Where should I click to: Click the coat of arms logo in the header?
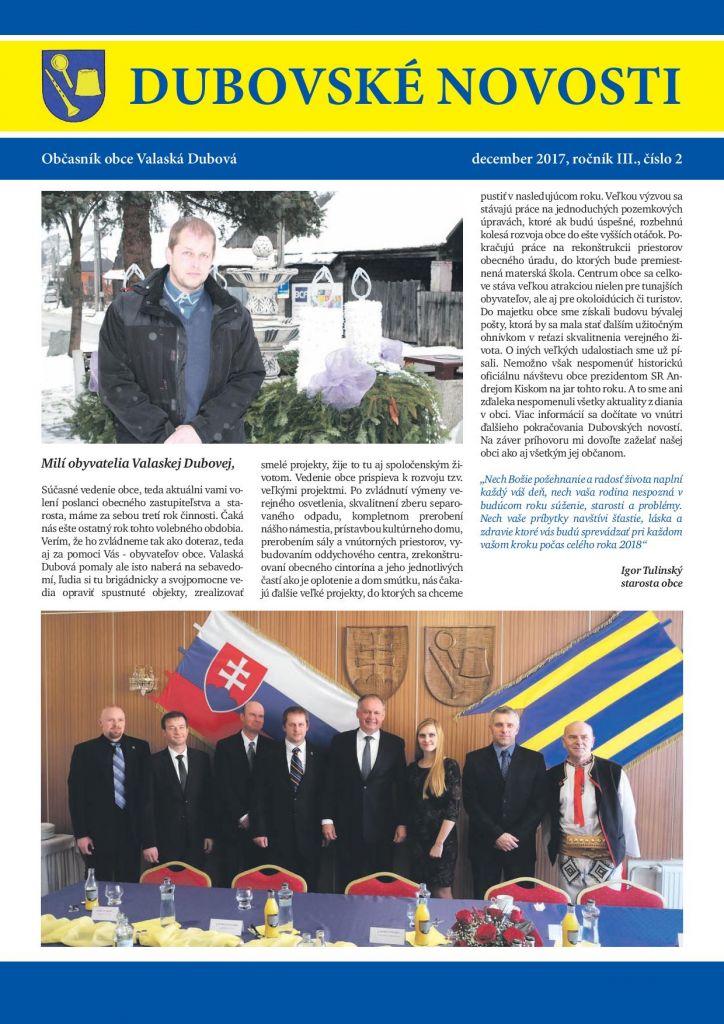click(x=73, y=85)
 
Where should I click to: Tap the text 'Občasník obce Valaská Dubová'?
click(x=139, y=159)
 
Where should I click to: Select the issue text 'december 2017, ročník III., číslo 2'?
click(x=575, y=159)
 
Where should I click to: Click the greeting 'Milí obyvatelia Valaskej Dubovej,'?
click(x=138, y=462)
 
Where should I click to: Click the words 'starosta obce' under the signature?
click(x=651, y=582)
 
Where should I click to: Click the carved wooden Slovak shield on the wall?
click(x=376, y=660)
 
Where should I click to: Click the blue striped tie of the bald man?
click(x=119, y=774)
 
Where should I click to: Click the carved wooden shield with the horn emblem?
click(x=458, y=664)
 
